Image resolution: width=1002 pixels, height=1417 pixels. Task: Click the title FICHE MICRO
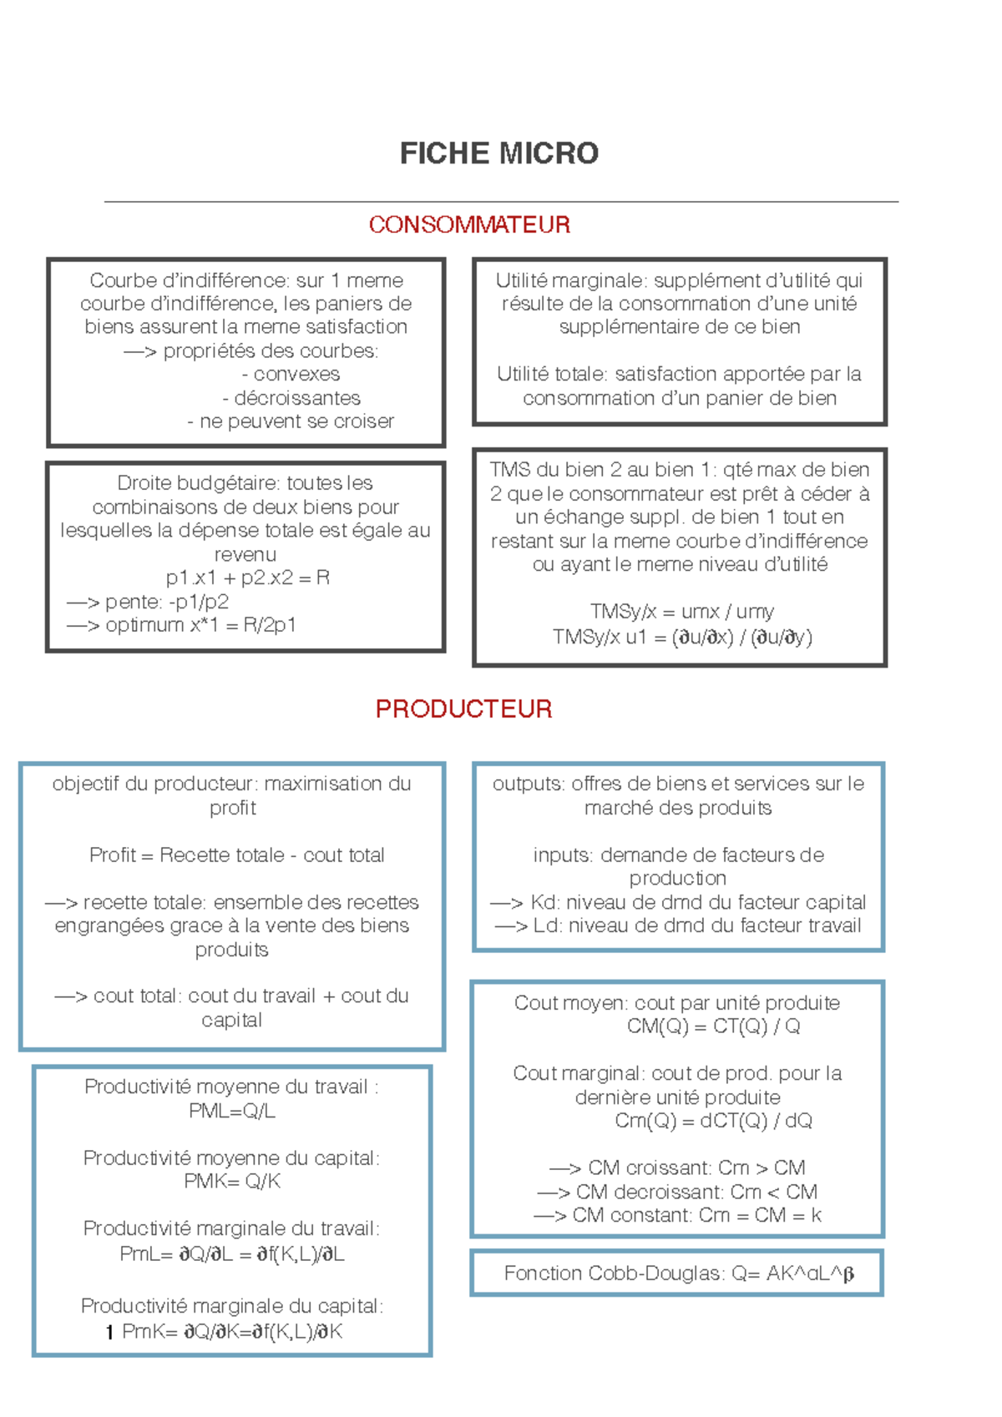pyautogui.click(x=499, y=154)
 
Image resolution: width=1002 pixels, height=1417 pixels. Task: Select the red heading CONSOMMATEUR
pyautogui.click(x=469, y=224)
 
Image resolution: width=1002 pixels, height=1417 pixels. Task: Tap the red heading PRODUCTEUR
pyautogui.click(x=463, y=708)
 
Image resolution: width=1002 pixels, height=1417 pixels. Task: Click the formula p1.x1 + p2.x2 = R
pyautogui.click(x=248, y=577)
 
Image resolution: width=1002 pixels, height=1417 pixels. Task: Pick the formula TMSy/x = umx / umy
pyautogui.click(x=681, y=612)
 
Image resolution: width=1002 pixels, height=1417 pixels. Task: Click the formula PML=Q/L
pyautogui.click(x=232, y=1111)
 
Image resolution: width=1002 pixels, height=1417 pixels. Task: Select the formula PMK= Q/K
pyautogui.click(x=232, y=1181)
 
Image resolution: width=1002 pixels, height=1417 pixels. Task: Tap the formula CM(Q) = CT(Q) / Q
pyautogui.click(x=713, y=1026)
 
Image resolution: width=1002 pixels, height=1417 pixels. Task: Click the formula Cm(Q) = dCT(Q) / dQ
pyautogui.click(x=713, y=1120)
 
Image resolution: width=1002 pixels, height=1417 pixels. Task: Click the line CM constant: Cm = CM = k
pyautogui.click(x=677, y=1215)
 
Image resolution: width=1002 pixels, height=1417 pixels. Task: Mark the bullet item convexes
pyautogui.click(x=291, y=374)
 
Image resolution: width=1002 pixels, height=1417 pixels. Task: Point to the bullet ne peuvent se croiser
pyautogui.click(x=291, y=421)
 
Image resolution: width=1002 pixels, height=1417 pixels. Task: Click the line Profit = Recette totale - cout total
pyautogui.click(x=236, y=855)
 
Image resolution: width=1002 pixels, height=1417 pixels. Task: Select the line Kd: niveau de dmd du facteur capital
pyautogui.click(x=678, y=902)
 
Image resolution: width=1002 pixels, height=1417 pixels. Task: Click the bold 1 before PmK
pyautogui.click(x=109, y=1333)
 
